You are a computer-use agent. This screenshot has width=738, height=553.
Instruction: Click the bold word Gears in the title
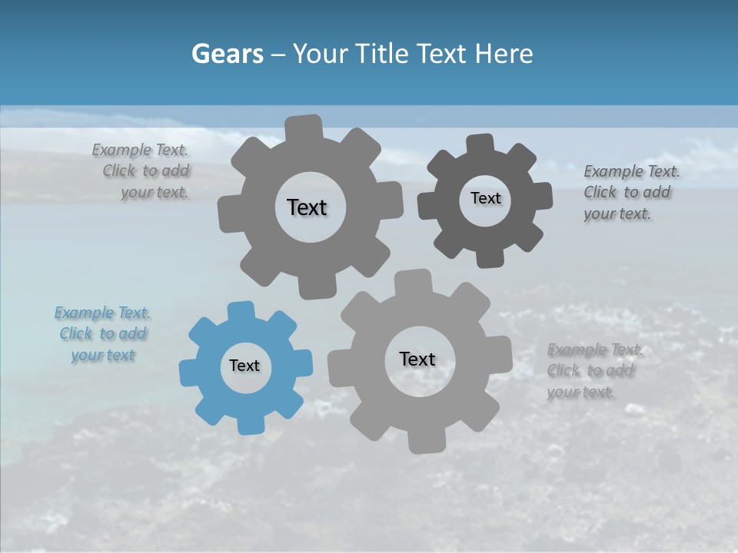[x=227, y=54]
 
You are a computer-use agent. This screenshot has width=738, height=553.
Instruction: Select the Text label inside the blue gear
[x=244, y=366]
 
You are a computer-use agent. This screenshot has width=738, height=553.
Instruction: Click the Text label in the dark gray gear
[x=485, y=198]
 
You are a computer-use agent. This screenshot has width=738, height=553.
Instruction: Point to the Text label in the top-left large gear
[x=307, y=207]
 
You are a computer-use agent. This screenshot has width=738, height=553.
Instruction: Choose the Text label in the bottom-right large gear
[x=417, y=359]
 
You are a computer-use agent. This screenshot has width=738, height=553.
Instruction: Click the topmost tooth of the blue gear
[x=241, y=310]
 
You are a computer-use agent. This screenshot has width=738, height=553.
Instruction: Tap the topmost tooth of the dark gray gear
[x=480, y=144]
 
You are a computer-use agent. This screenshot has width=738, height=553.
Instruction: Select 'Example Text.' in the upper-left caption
[x=140, y=151]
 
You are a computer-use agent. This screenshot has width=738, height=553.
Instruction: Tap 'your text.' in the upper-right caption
[x=617, y=214]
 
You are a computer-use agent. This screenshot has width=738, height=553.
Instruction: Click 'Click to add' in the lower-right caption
[x=590, y=371]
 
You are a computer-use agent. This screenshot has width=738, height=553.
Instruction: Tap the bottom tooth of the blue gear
[x=250, y=424]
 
